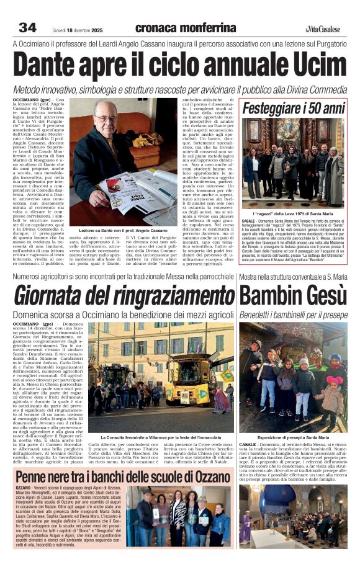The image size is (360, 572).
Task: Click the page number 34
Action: coord(27,27)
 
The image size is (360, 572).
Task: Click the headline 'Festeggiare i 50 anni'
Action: coord(292,109)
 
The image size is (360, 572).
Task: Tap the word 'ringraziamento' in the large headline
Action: coord(163,297)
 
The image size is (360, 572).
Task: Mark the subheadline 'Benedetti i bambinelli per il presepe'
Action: coord(292,315)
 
